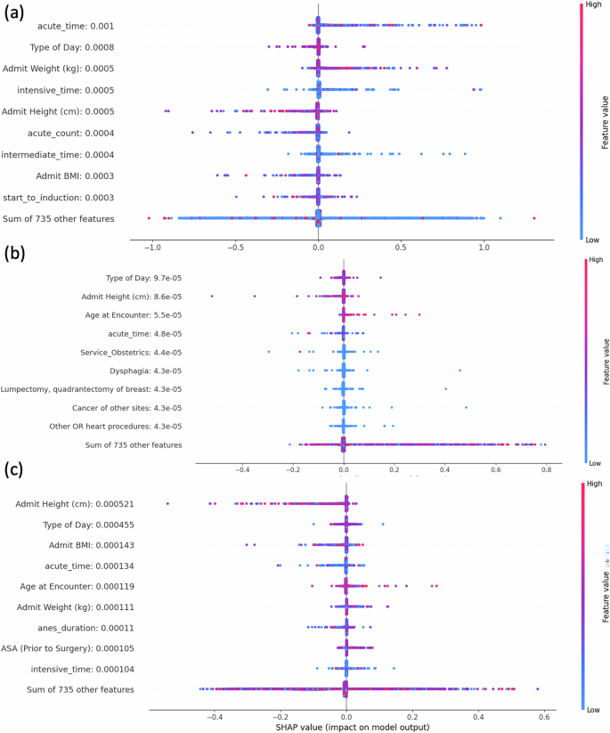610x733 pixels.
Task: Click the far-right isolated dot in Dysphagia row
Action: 460,369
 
